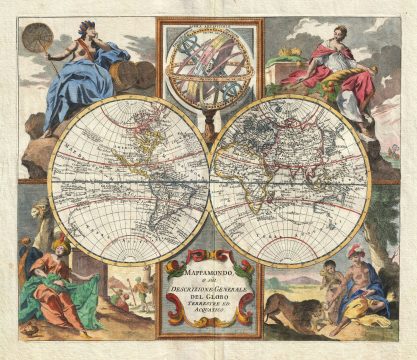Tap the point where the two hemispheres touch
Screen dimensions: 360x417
click(x=209, y=181)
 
